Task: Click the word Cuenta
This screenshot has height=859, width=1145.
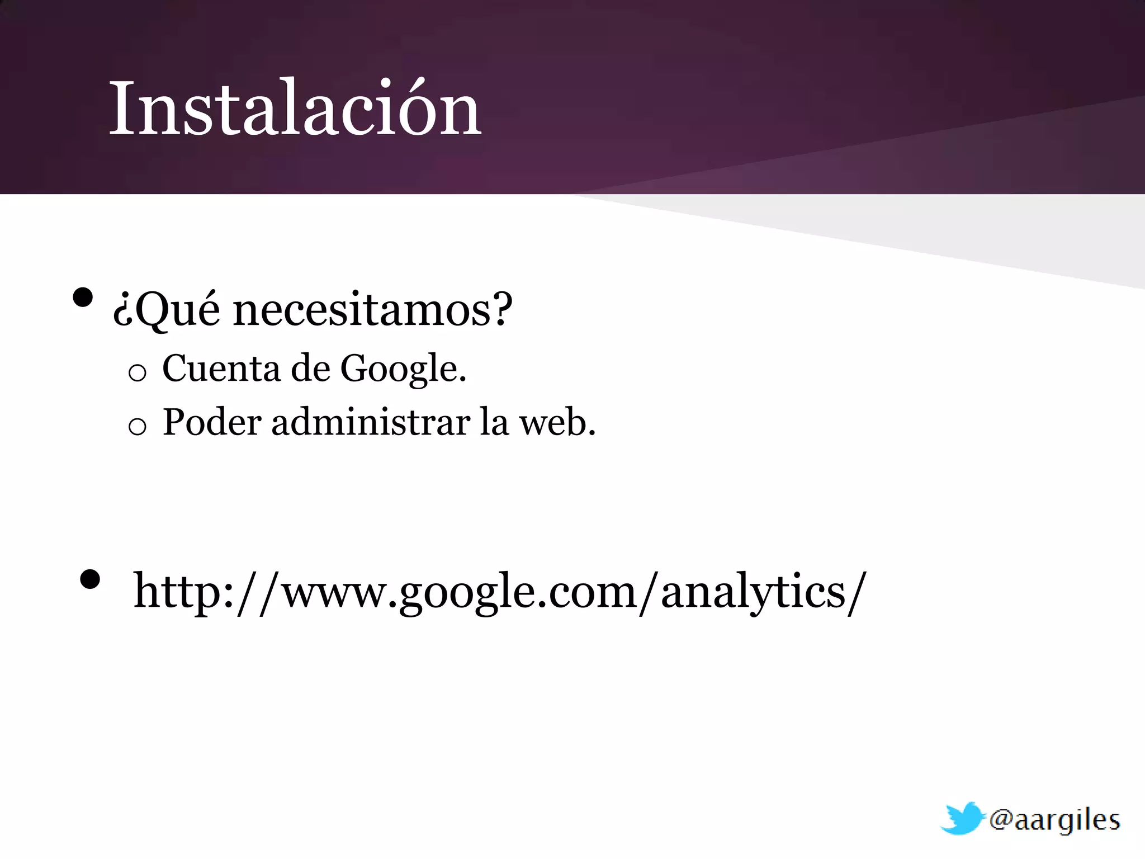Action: (x=221, y=369)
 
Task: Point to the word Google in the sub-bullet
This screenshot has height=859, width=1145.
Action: (x=400, y=370)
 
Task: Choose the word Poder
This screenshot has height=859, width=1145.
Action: (x=212, y=422)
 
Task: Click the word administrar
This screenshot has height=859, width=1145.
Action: (x=371, y=422)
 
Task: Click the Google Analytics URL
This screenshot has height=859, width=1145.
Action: (x=499, y=592)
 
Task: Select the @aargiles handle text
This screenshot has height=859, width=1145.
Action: (x=1054, y=821)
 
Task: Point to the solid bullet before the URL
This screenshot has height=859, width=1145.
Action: (x=90, y=579)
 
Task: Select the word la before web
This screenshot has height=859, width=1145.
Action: (x=494, y=422)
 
